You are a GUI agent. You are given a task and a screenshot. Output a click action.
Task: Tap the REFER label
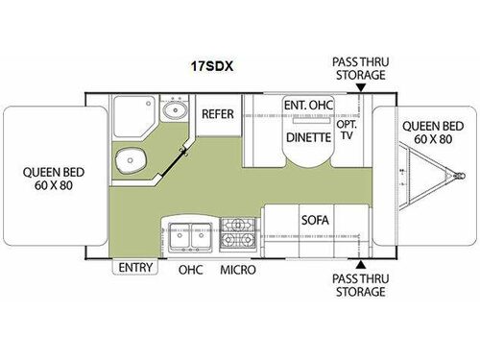pyautogui.click(x=217, y=113)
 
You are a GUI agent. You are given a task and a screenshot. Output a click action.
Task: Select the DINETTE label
pyautogui.click(x=307, y=137)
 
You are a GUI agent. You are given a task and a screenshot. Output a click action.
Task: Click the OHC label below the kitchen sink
pyautogui.click(x=190, y=270)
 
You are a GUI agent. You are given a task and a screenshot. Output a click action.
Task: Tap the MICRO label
pyautogui.click(x=237, y=270)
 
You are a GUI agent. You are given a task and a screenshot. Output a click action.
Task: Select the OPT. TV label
pyautogui.click(x=348, y=132)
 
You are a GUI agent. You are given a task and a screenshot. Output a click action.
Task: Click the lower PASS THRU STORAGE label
pyautogui.click(x=360, y=285)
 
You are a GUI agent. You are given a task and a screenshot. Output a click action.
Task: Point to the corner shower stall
pyautogui.click(x=130, y=116)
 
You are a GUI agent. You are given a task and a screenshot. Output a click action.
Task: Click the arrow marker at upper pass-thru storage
pyautogui.click(x=360, y=87)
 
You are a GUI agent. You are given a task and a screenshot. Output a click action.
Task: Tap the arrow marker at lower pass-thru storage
pyautogui.click(x=360, y=262)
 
